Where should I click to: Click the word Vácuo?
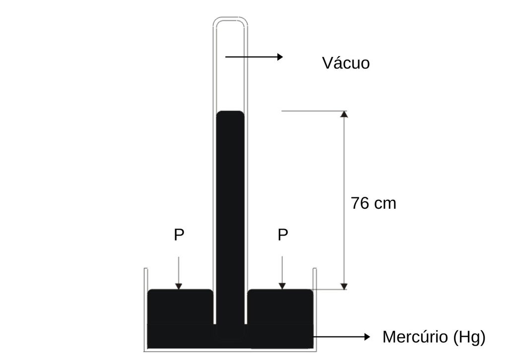tap(346, 62)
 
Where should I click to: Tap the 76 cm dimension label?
tap(374, 203)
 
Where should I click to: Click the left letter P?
tap(179, 235)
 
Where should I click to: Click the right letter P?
tap(282, 235)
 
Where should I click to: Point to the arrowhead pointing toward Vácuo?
tap(280, 57)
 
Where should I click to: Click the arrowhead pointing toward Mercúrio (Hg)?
tap(367, 337)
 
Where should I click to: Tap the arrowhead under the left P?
tap(179, 286)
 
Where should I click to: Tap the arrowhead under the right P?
tap(282, 286)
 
